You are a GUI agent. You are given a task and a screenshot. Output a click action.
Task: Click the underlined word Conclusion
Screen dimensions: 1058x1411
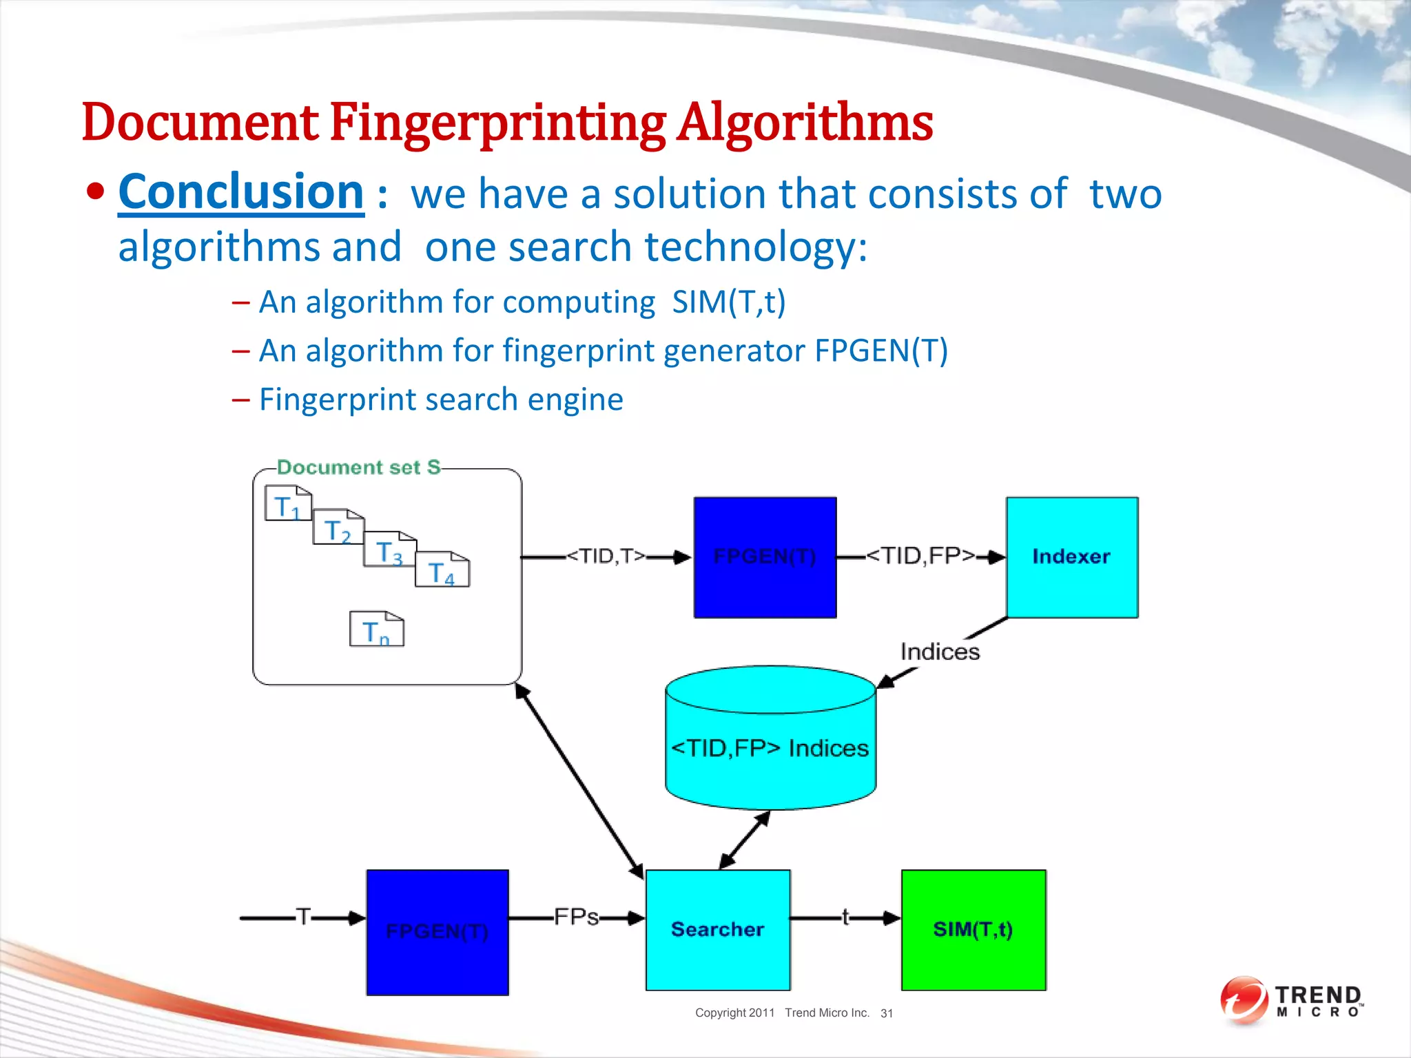[241, 192]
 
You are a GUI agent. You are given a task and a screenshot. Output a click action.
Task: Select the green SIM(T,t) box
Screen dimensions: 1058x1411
[973, 930]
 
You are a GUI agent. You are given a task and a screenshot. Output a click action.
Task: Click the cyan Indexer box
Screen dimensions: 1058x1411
[1071, 557]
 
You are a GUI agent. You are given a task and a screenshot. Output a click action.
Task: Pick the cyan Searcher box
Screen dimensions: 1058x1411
[717, 930]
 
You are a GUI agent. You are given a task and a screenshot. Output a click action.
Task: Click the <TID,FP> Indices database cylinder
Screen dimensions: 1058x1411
[770, 747]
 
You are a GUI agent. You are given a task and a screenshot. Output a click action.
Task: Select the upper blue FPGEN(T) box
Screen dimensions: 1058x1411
[765, 557]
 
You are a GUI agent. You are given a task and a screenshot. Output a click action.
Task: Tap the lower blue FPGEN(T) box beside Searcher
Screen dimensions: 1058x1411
[437, 932]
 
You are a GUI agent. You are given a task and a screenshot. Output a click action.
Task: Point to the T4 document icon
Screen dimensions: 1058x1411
[442, 570]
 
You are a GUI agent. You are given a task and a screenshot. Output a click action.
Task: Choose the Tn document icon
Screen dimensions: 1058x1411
[376, 630]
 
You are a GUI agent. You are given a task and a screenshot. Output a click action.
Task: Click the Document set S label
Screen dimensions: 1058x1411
[358, 468]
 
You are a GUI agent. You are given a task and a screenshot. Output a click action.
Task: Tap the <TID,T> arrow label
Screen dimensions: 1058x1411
[606, 556]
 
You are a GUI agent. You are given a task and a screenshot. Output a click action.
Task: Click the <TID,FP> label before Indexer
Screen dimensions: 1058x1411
[920, 555]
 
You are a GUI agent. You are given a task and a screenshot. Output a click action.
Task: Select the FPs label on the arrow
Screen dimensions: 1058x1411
[576, 917]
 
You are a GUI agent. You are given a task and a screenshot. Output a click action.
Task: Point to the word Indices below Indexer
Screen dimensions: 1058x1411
[940, 652]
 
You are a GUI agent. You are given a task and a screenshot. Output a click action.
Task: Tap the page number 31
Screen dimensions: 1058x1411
[887, 1013]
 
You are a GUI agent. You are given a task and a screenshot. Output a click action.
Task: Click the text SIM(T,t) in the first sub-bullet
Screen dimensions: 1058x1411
[729, 302]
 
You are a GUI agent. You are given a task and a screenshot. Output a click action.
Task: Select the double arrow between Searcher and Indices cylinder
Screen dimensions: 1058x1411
[745, 840]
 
